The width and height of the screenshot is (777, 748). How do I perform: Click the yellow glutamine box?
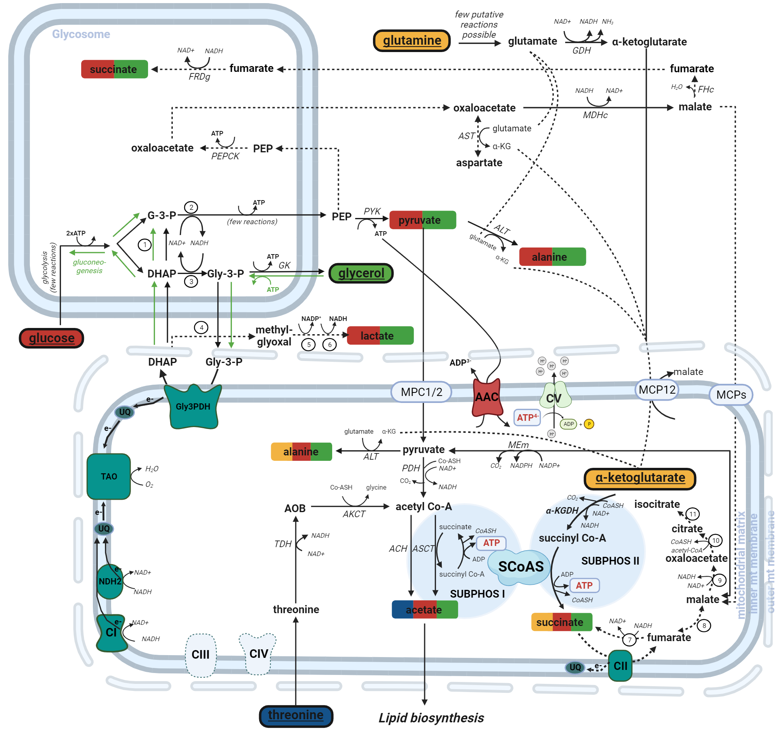(x=411, y=41)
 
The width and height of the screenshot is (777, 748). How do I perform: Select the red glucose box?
(x=52, y=338)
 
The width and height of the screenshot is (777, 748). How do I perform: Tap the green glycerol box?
(x=361, y=273)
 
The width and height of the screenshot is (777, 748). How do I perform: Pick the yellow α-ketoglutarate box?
(x=639, y=478)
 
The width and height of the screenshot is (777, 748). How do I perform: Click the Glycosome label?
(x=81, y=34)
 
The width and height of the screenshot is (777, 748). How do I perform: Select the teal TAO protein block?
(x=109, y=476)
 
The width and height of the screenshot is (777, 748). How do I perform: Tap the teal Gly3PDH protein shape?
(x=193, y=407)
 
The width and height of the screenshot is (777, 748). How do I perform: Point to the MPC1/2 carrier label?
(x=421, y=392)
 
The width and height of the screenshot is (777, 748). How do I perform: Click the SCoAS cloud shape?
(x=520, y=567)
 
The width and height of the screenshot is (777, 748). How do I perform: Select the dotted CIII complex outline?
(x=200, y=654)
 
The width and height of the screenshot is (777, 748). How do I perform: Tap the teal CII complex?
(x=620, y=666)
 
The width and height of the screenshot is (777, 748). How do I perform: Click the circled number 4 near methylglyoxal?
(x=201, y=328)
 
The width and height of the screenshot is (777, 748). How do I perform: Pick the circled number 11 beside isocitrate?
(x=693, y=514)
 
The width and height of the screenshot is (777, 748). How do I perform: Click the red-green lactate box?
(x=380, y=336)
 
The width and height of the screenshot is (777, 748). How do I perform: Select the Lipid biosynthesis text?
(x=431, y=718)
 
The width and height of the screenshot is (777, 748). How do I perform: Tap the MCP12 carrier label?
(x=657, y=390)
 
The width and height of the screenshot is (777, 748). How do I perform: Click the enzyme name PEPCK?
(x=225, y=156)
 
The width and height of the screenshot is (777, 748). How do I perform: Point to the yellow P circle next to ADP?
(x=589, y=424)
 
